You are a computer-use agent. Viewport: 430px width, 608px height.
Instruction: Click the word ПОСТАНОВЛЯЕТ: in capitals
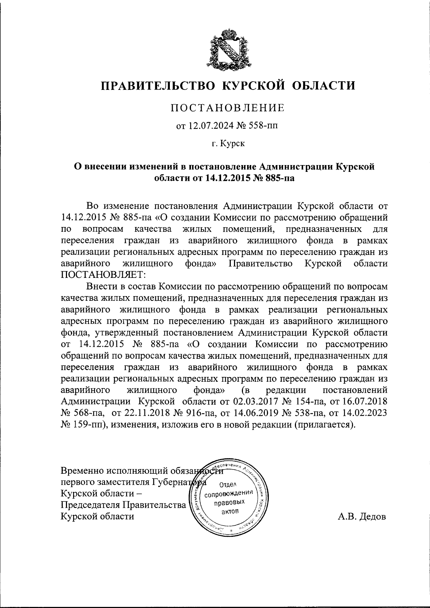[103, 275]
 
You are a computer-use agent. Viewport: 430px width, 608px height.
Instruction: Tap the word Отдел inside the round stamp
[228, 485]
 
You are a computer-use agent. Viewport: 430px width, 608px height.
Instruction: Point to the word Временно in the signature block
[84, 470]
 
